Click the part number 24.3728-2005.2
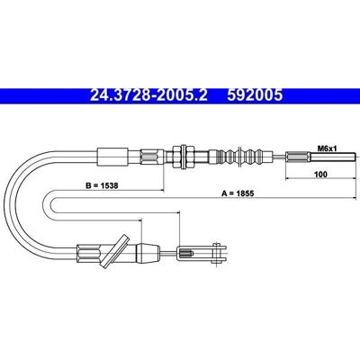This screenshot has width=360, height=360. [x=148, y=95]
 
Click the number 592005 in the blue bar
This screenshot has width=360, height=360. [x=255, y=95]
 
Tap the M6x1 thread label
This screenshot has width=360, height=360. [x=327, y=148]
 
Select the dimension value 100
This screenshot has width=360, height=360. [x=321, y=174]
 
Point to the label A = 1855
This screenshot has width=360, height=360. [x=238, y=193]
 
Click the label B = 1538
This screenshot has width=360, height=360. [x=102, y=185]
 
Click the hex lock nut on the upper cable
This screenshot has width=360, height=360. [x=183, y=157]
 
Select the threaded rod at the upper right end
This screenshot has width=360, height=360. [x=333, y=157]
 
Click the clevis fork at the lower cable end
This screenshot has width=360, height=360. [x=202, y=253]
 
